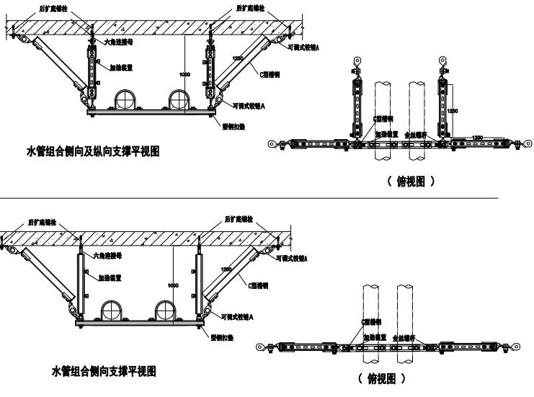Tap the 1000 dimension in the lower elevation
[173, 286]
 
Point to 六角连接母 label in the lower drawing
[107, 255]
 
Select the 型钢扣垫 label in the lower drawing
[220, 336]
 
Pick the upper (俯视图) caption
[411, 182]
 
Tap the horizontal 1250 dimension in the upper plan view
[477, 135]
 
